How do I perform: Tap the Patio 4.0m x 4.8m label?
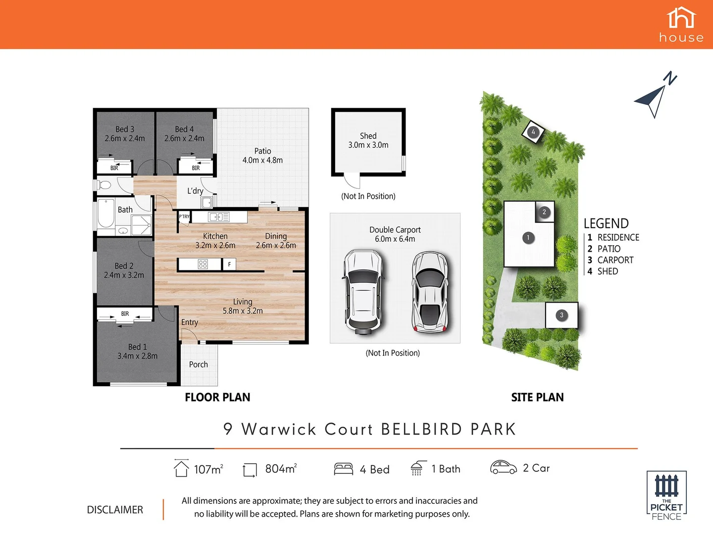pyautogui.click(x=262, y=155)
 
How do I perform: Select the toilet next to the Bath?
pyautogui.click(x=104, y=185)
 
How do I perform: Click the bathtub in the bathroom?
pyautogui.click(x=105, y=213)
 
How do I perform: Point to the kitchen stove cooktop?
pyautogui.click(x=203, y=264)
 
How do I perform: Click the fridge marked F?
pyautogui.click(x=229, y=265)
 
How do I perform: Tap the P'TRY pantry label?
pyautogui.click(x=184, y=217)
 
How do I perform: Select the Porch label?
pyautogui.click(x=199, y=364)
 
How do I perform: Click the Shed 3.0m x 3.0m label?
pyautogui.click(x=368, y=140)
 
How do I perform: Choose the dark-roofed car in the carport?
pyautogui.click(x=429, y=292)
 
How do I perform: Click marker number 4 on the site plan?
pyautogui.click(x=533, y=132)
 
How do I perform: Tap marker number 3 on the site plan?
pyautogui.click(x=561, y=315)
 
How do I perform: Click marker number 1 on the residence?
pyautogui.click(x=528, y=238)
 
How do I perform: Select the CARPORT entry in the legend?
pyautogui.click(x=615, y=260)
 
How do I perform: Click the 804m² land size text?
pyautogui.click(x=281, y=468)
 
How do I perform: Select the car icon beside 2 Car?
pyautogui.click(x=503, y=467)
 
